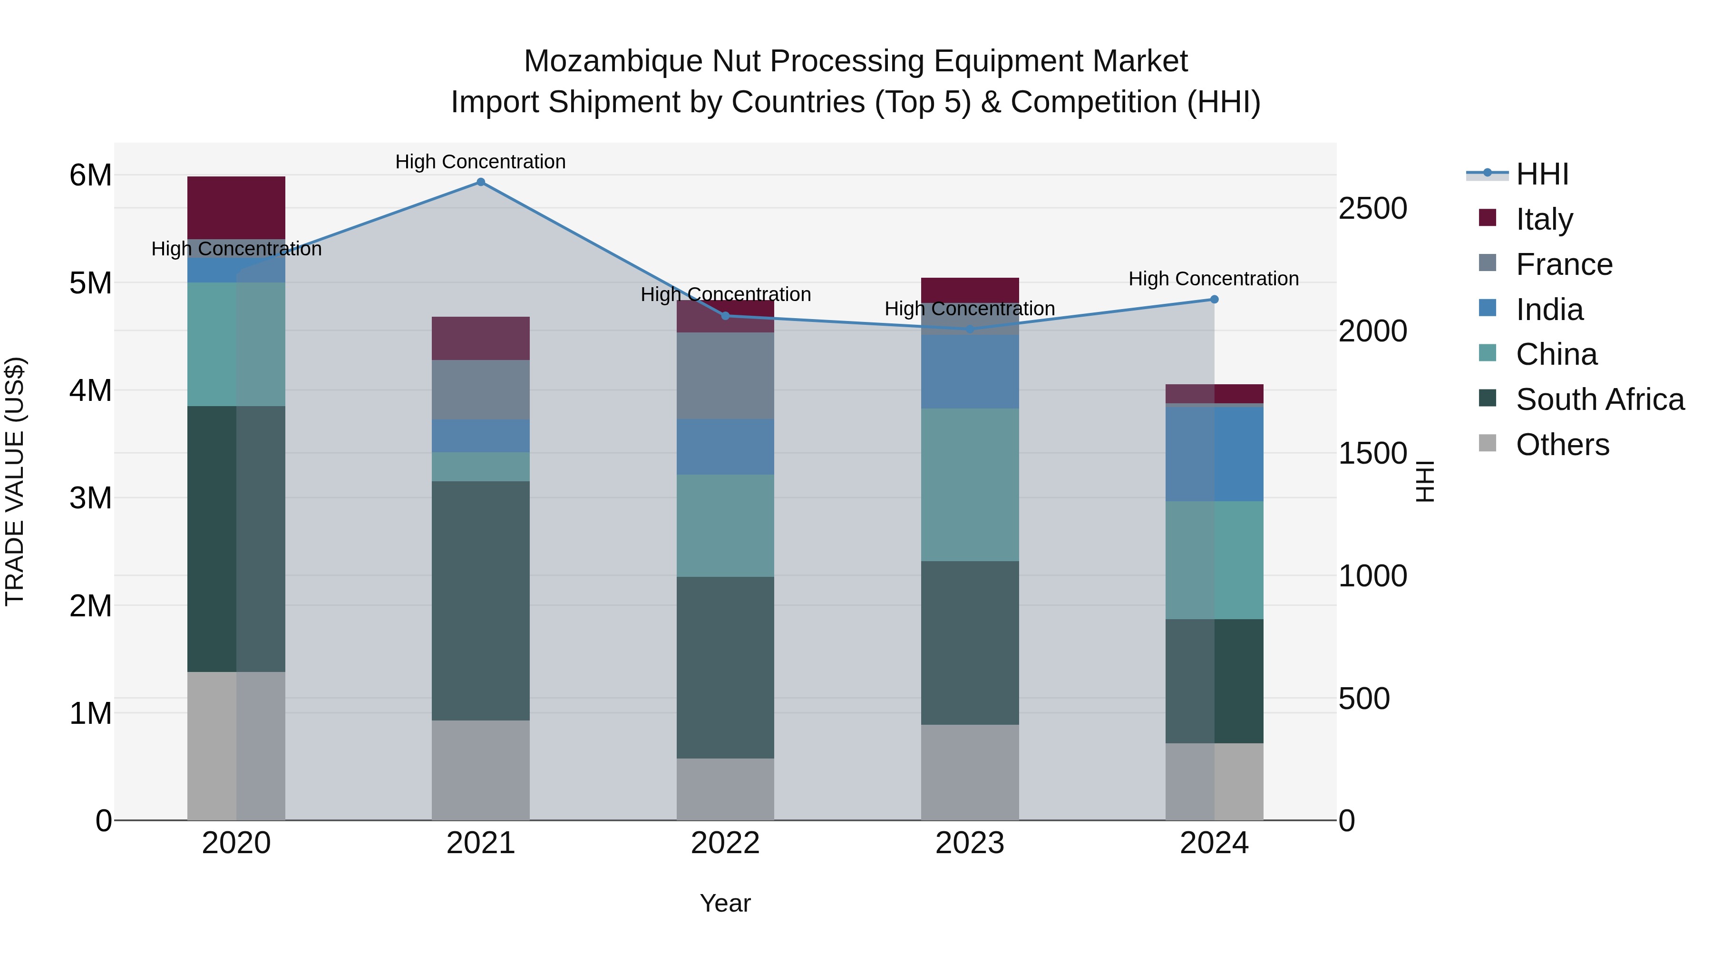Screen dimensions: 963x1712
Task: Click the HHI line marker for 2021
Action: tap(480, 182)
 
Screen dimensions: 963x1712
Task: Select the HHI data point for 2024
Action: tap(1214, 300)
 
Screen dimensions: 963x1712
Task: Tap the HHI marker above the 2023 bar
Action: tap(970, 329)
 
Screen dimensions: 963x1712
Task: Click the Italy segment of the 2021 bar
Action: tap(480, 338)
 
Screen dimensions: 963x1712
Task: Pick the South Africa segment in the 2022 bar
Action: tap(725, 667)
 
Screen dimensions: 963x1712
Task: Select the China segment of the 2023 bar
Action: tap(970, 485)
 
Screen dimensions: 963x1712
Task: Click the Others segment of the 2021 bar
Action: tap(480, 770)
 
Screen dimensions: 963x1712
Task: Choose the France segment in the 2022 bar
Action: tap(725, 376)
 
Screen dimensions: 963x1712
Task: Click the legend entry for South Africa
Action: tap(1599, 399)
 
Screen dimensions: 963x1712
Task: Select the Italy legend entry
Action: tap(1544, 219)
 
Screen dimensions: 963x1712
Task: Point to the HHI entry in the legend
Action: tap(1542, 174)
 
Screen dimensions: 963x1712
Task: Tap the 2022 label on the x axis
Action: tap(725, 843)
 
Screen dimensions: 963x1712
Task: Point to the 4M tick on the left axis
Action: tap(90, 390)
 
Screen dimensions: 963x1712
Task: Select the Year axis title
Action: tap(725, 903)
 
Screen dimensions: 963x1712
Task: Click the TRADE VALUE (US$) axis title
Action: tap(15, 481)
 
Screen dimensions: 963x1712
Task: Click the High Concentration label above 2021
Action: tap(480, 162)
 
